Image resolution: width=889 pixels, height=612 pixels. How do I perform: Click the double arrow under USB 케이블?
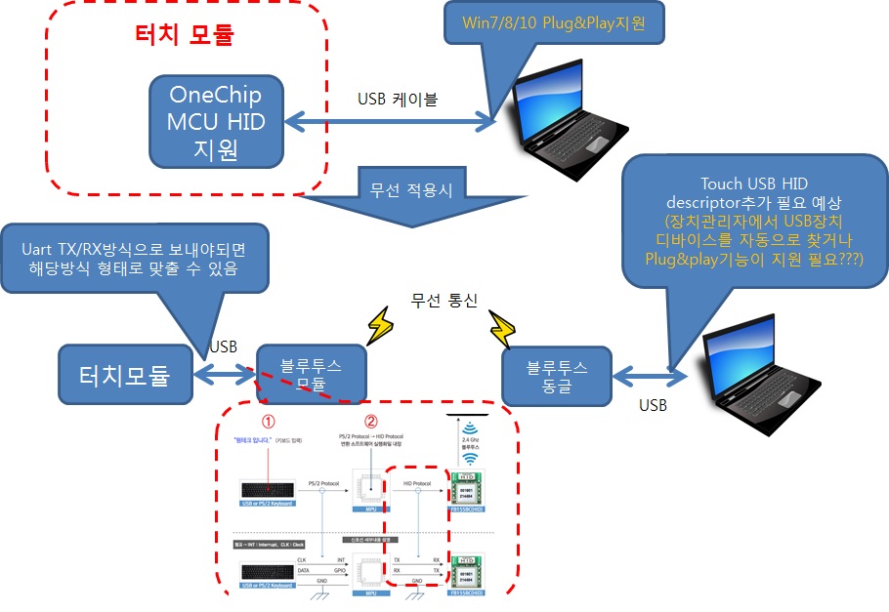(390, 122)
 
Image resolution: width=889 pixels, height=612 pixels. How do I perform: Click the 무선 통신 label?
(444, 301)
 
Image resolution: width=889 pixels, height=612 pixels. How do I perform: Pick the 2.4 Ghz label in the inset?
(469, 441)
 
